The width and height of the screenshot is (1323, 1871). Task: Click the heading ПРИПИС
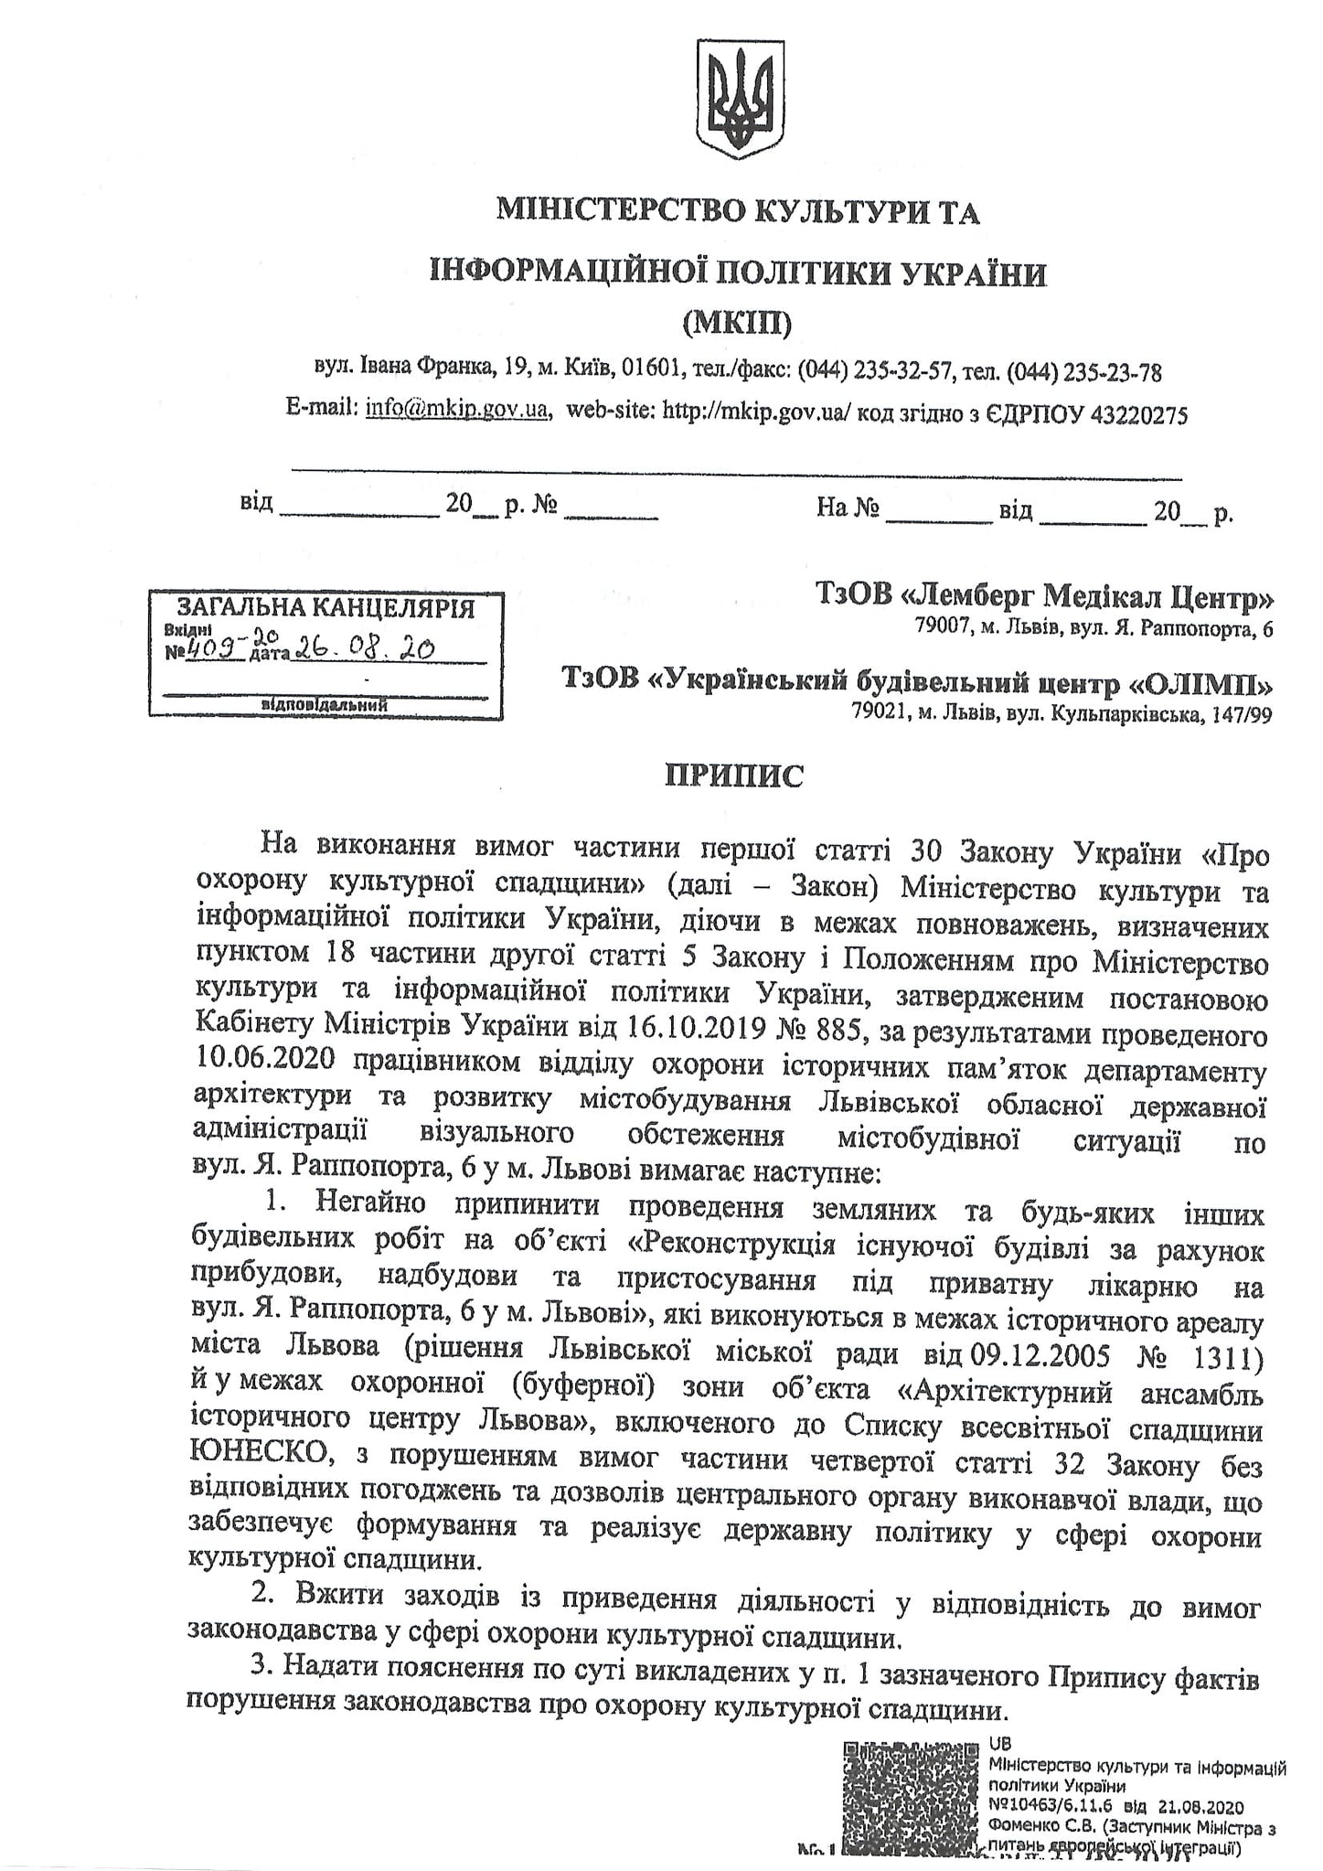pyautogui.click(x=734, y=776)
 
